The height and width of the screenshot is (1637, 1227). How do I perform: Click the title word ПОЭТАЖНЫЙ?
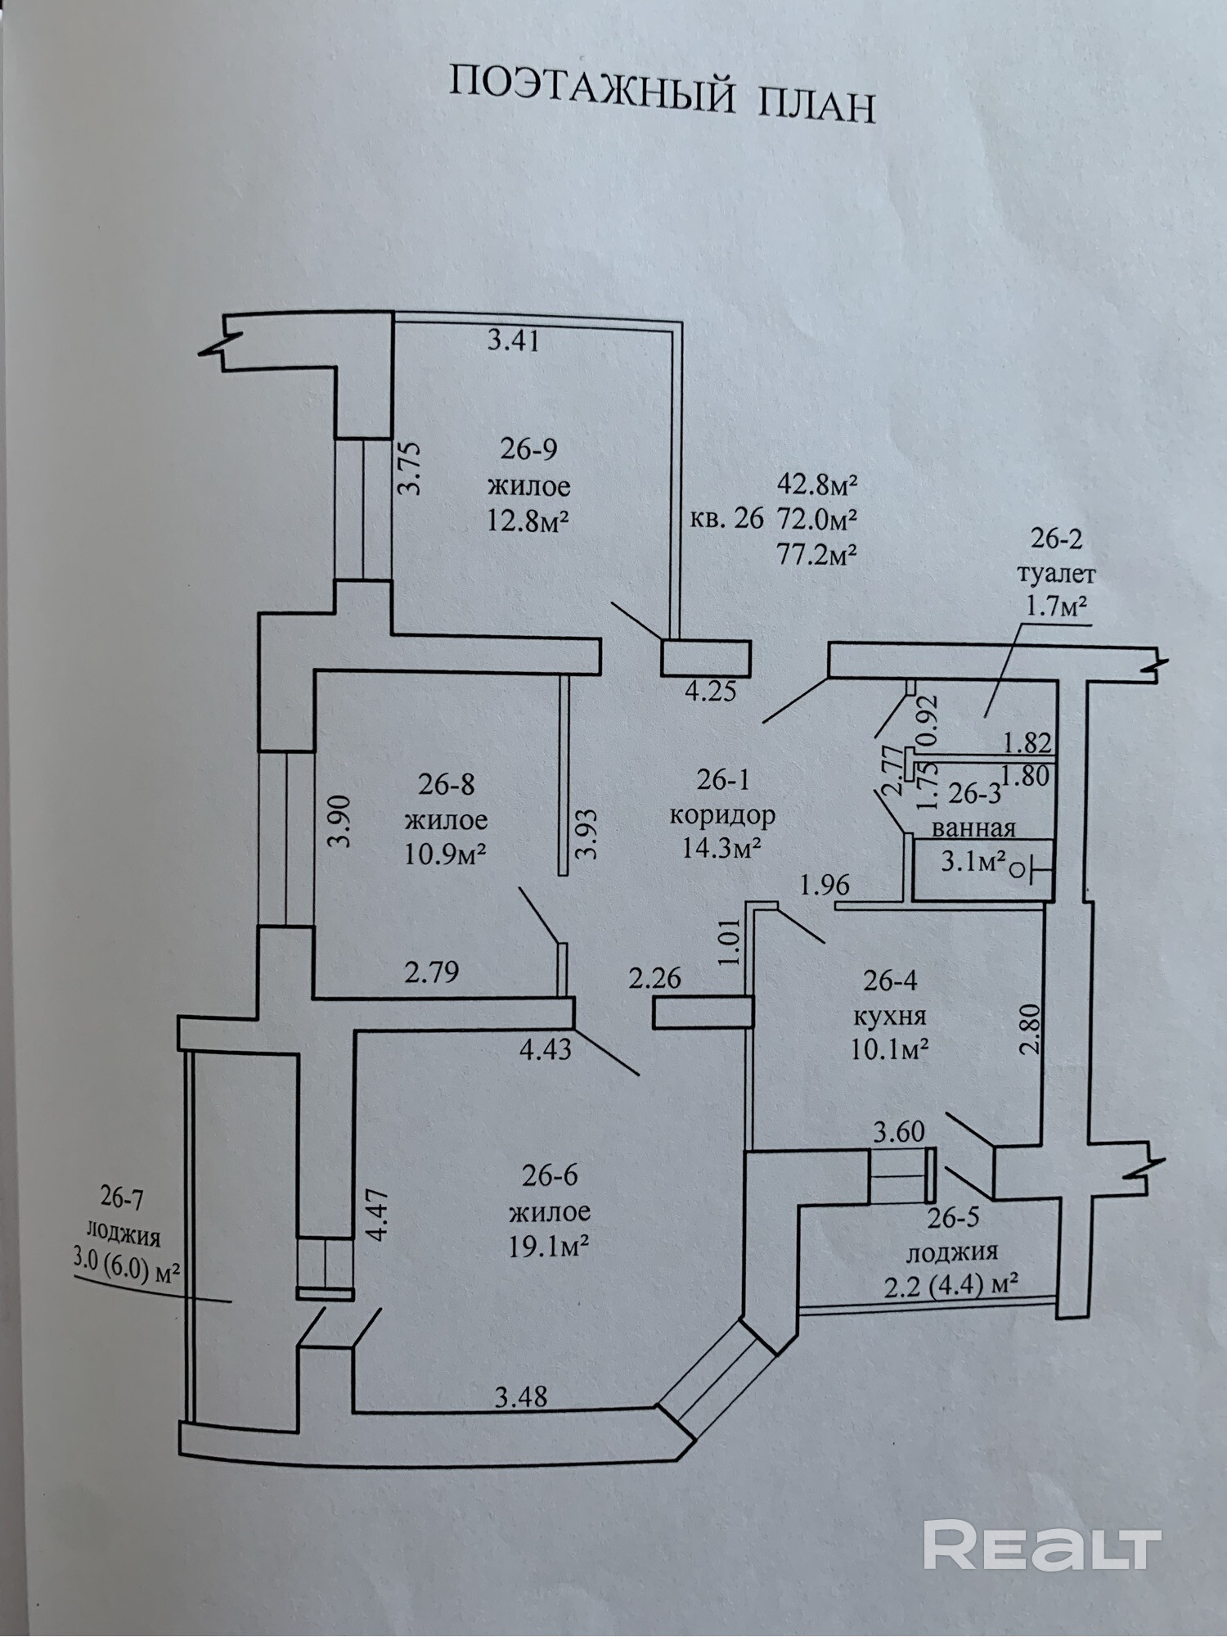coord(590,89)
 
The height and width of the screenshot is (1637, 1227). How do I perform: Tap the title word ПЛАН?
coord(817,105)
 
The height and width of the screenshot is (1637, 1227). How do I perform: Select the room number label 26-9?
coord(528,449)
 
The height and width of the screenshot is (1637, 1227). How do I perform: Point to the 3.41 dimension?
coord(513,339)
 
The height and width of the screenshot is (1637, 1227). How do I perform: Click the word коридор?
coord(722,815)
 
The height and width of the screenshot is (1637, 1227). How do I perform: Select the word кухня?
coord(889,1016)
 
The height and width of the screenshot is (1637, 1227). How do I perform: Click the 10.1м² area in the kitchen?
coord(889,1049)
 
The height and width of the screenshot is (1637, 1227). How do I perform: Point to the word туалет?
coord(1056,573)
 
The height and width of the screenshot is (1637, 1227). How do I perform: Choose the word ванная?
coord(973,828)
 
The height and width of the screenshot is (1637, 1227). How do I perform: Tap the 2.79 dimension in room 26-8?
coord(431,972)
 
